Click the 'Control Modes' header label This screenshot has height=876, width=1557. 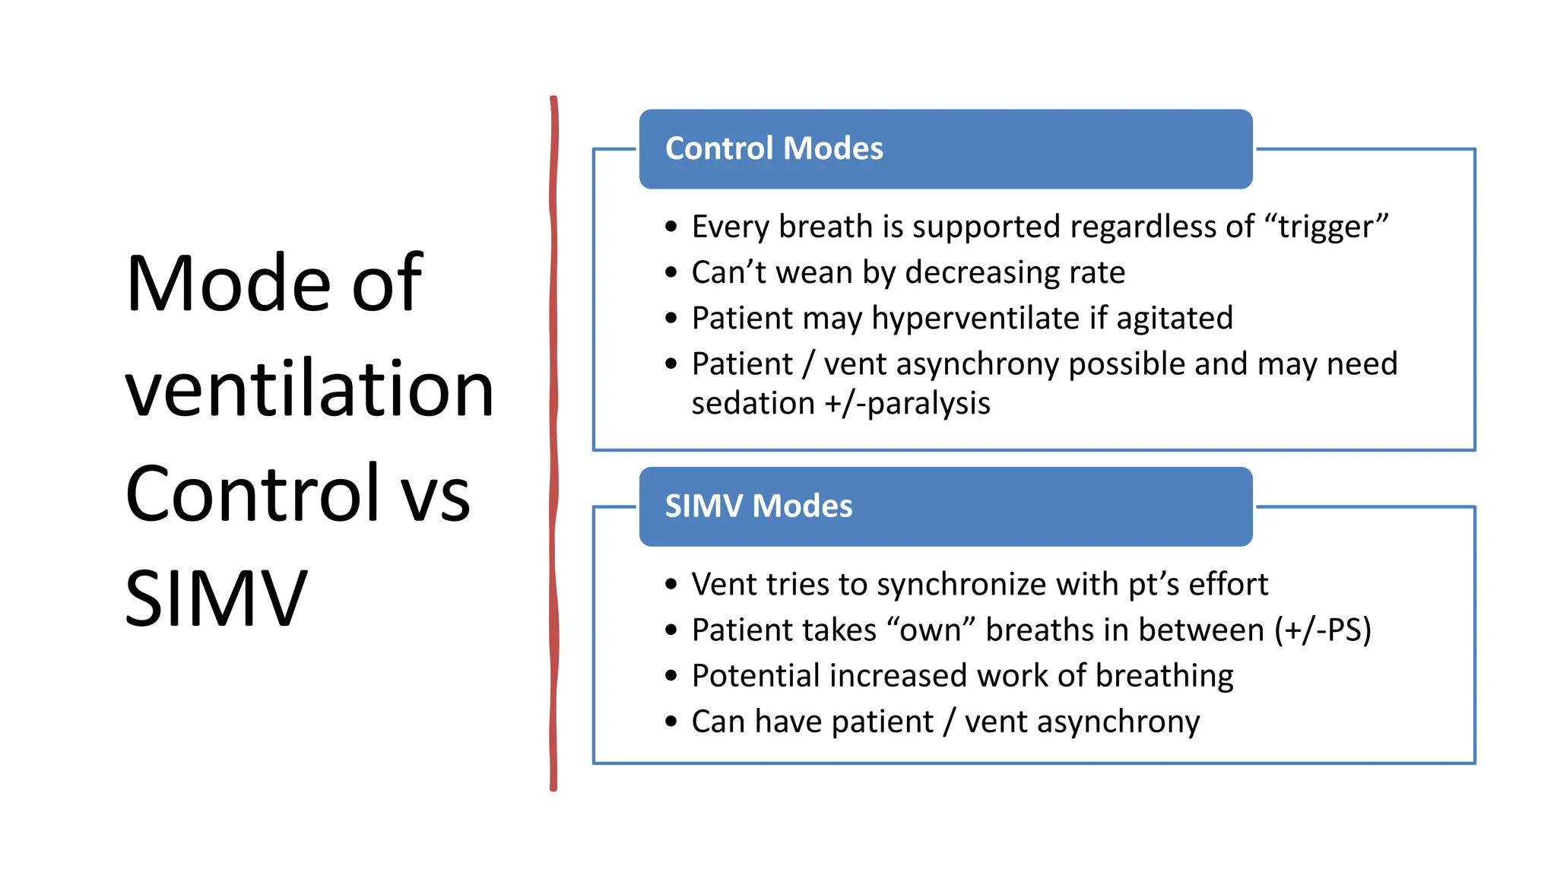pos(774,148)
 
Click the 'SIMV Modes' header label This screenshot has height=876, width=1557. pos(758,506)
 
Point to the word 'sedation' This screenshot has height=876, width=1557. pos(753,404)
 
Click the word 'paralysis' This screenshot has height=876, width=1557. pos(928,404)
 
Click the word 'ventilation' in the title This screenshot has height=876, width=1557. pos(309,389)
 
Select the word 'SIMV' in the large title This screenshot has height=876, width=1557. pos(216,599)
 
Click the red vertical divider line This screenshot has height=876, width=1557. pos(553,441)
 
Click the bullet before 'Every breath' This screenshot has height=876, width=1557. pos(671,227)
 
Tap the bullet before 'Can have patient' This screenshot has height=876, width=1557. pos(671,722)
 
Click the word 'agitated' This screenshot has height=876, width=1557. pos(1174,319)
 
